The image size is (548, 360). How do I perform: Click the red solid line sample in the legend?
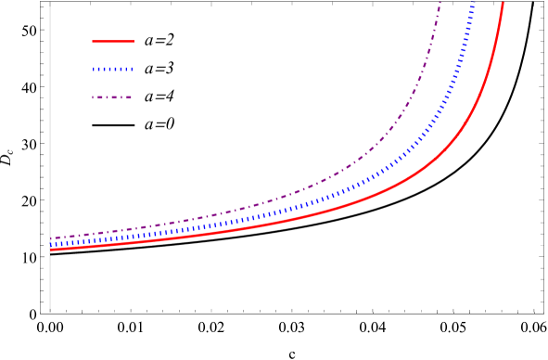[113, 42]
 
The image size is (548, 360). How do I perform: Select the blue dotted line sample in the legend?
[113, 70]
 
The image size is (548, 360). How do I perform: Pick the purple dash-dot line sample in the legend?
[112, 97]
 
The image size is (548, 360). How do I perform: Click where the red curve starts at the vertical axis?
[50, 250]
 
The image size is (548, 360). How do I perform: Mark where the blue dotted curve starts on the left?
[50, 244]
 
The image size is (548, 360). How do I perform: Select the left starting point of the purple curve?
[50, 238]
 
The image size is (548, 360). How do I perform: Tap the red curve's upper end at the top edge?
[503, 3]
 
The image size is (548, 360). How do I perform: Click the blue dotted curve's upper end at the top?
[475, 3]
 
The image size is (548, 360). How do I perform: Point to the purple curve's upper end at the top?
[440, 3]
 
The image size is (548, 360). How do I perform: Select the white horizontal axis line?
[278, 313]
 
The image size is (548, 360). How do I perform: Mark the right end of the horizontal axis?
[544, 313]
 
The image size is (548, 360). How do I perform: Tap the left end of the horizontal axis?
[41, 313]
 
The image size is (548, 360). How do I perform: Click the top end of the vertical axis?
[50, 2]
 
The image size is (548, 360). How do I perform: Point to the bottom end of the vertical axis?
[50, 310]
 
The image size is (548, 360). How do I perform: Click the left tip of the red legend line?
[93, 42]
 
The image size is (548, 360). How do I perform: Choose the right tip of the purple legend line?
[133, 97]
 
